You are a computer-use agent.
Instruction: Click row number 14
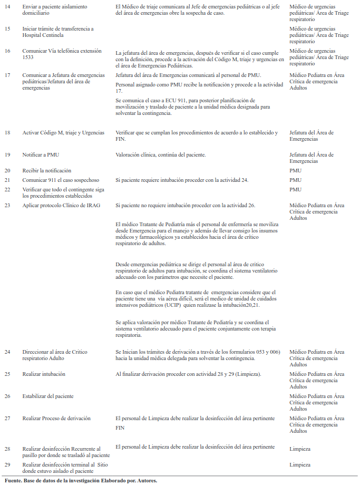(x=7, y=6)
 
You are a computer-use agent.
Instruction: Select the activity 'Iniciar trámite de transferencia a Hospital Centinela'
(x=57, y=32)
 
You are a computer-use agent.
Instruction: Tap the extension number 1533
(x=30, y=57)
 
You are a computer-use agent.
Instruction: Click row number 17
(x=7, y=75)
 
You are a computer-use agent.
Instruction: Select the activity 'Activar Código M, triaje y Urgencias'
(x=63, y=133)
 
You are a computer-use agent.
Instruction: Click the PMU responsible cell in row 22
(x=296, y=189)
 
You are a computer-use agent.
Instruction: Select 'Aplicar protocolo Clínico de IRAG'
(x=61, y=205)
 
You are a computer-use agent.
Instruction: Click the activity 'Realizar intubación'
(x=44, y=374)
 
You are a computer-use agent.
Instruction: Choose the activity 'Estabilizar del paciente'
(x=48, y=396)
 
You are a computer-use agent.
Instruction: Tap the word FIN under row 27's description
(x=120, y=428)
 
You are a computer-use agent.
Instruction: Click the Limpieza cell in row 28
(x=300, y=449)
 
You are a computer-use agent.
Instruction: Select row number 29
(x=7, y=464)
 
